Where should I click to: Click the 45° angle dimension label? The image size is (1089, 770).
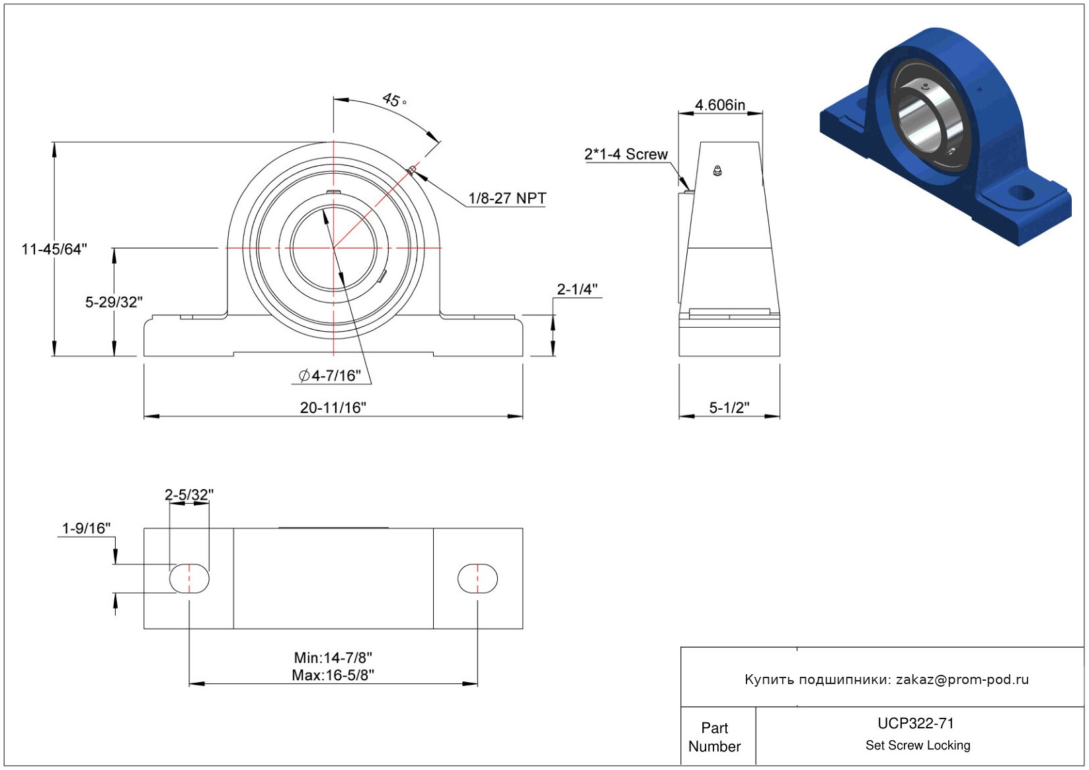coord(394,100)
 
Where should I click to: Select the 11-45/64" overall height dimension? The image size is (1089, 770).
coord(54,249)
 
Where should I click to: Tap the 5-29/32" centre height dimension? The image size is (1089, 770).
coord(114,302)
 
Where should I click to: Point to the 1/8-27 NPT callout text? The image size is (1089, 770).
coord(507,198)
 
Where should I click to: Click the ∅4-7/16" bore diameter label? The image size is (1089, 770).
coord(330,375)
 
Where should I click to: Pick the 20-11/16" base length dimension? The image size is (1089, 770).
coord(333,407)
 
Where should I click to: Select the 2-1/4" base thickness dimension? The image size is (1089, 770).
coord(577,289)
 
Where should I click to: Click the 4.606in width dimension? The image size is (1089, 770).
coord(719,104)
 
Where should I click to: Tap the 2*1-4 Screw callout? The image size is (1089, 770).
coord(625,154)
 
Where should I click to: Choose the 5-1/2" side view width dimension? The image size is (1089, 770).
coord(729,407)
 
